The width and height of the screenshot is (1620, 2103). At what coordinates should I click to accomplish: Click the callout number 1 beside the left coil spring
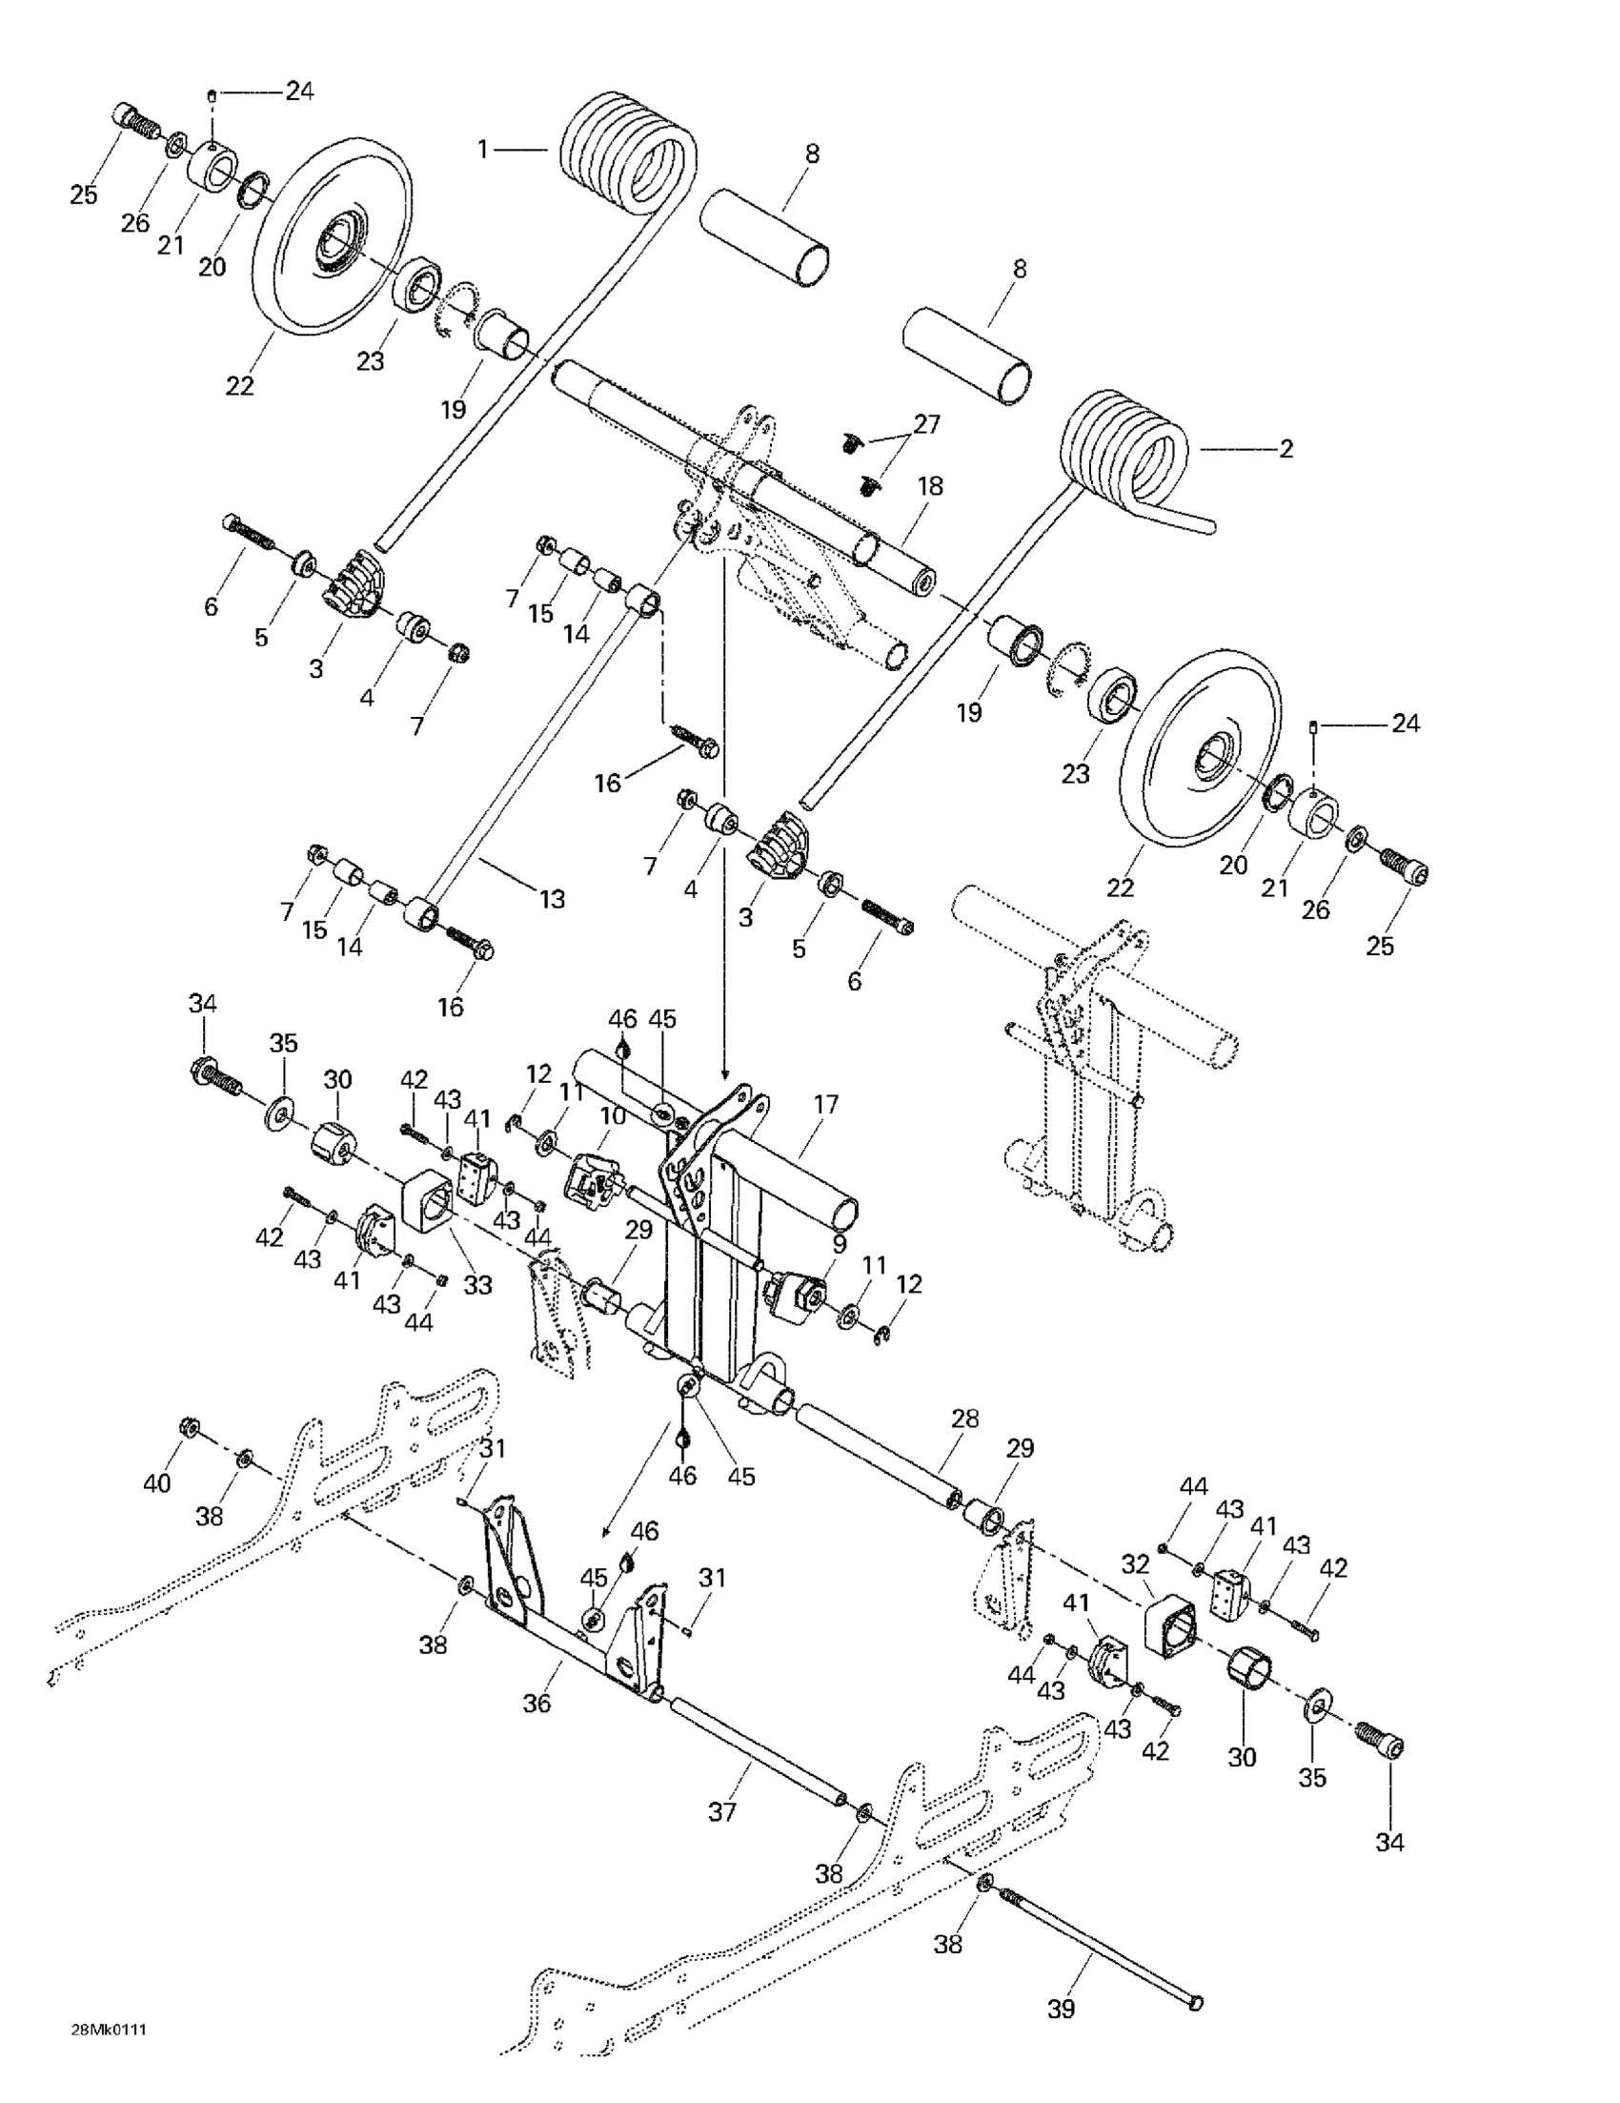483,149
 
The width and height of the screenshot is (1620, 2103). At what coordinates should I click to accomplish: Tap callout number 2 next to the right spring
1286,449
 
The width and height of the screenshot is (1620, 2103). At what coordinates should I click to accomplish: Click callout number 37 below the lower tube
722,1811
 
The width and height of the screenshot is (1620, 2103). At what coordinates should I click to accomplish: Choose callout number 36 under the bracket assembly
537,1703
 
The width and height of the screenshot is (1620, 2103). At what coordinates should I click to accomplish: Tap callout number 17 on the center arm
826,1105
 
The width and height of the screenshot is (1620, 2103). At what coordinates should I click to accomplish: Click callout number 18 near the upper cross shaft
930,486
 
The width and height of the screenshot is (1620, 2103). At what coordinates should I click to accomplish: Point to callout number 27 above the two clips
927,423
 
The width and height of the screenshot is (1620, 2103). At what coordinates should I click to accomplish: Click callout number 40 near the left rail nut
157,1482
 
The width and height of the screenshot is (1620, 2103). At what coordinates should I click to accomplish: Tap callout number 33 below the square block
477,1283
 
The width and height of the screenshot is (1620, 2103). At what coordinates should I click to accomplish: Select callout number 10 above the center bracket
613,1116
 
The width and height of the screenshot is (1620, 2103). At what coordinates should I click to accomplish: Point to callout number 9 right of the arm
840,1243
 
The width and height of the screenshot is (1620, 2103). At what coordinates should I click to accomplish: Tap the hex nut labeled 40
190,1426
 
